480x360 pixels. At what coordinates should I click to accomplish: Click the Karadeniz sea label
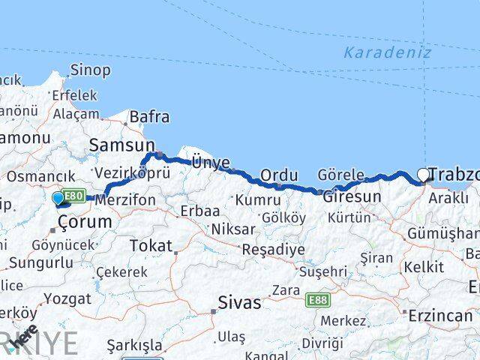pyautogui.click(x=387, y=52)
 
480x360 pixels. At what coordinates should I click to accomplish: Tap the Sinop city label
pyautogui.click(x=90, y=70)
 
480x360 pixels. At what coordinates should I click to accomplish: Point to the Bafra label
pyautogui.click(x=149, y=117)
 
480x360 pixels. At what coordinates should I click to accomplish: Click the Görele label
pyautogui.click(x=341, y=174)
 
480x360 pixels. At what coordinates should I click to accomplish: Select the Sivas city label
pyautogui.click(x=239, y=303)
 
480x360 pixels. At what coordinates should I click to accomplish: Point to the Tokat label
pyautogui.click(x=151, y=245)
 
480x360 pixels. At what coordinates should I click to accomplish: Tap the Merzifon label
pyautogui.click(x=127, y=200)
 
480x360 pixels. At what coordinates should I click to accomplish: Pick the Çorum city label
pyautogui.click(x=79, y=222)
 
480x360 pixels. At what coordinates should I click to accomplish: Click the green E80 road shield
pyautogui.click(x=73, y=196)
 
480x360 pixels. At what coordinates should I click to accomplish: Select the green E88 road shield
pyautogui.click(x=317, y=300)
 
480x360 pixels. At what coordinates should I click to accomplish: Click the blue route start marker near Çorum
pyautogui.click(x=58, y=198)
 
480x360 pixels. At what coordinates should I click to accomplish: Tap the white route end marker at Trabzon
pyautogui.click(x=423, y=175)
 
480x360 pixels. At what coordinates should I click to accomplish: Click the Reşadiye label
pyautogui.click(x=272, y=249)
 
